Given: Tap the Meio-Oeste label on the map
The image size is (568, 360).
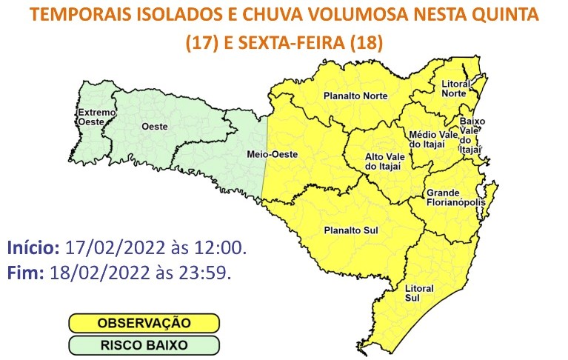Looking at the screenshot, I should click(x=265, y=155).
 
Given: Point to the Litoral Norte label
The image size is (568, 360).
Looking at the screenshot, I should click(x=453, y=88).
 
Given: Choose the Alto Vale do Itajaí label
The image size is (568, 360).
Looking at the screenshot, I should click(x=384, y=163).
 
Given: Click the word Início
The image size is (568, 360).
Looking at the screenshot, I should click(x=33, y=247).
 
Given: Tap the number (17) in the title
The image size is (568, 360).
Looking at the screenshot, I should click(x=200, y=43).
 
